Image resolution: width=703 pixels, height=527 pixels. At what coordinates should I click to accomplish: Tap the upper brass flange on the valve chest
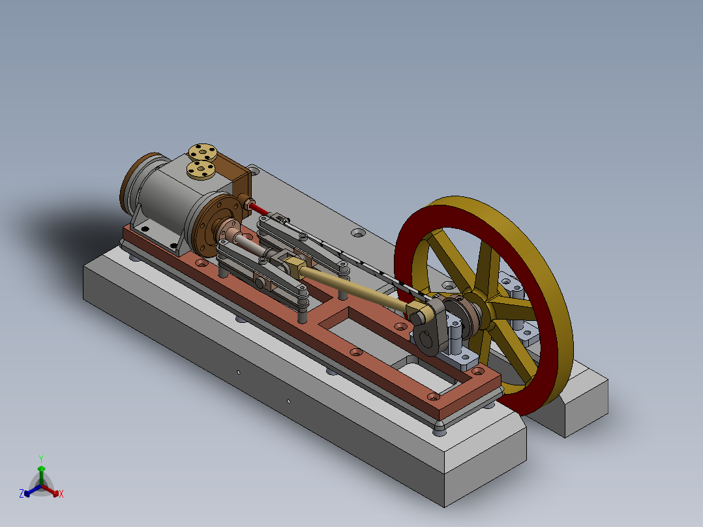202,153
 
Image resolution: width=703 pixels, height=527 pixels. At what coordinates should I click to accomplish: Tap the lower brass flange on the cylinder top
201,170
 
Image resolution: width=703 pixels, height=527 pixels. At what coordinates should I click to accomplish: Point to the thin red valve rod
259,208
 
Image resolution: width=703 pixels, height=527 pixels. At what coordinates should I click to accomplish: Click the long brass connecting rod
352,286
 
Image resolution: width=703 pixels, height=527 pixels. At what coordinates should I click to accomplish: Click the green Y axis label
40,458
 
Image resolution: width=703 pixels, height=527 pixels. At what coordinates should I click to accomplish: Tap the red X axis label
61,494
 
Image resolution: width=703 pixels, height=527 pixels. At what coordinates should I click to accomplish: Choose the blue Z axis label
21,494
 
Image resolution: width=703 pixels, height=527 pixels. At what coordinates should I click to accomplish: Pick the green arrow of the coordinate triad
41,473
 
